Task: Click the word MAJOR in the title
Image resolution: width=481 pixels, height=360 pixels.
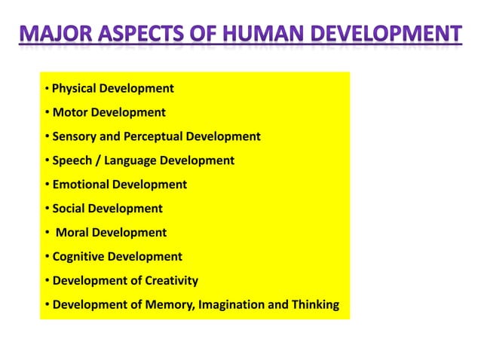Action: (x=55, y=35)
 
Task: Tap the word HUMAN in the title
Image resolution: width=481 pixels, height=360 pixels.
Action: (x=260, y=35)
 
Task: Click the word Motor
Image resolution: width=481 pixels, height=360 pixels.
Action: (x=69, y=113)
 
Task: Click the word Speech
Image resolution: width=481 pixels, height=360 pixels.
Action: (x=72, y=160)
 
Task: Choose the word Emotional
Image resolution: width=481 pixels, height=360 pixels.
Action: (x=80, y=185)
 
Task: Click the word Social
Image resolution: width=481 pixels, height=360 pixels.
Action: (x=69, y=209)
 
